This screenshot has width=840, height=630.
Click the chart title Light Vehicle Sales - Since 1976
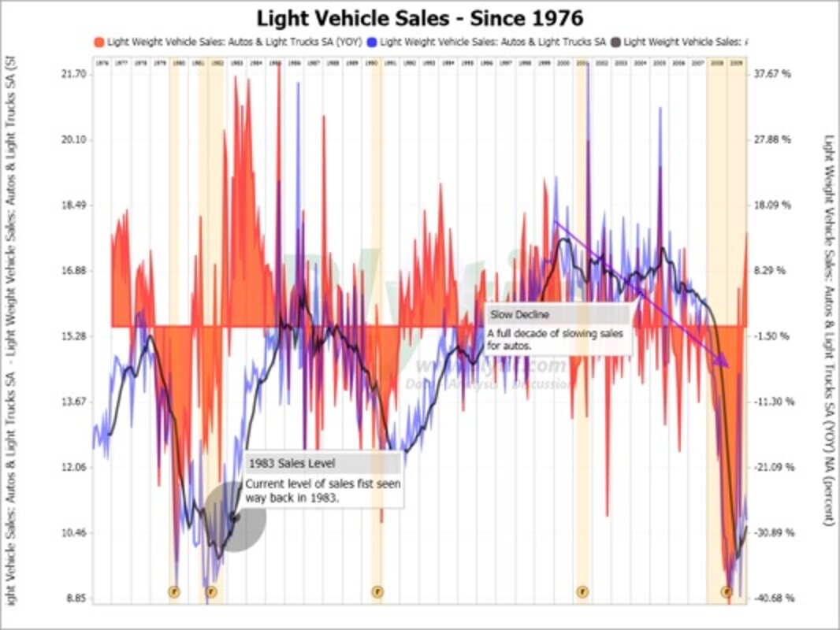click(419, 17)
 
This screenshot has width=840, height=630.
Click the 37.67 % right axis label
click(771, 74)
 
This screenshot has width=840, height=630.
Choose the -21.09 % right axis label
click(771, 467)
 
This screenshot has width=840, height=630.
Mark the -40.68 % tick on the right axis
click(771, 598)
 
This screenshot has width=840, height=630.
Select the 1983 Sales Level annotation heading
click(281, 463)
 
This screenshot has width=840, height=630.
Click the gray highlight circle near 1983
click(235, 517)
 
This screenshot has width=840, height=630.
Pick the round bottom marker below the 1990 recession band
click(377, 591)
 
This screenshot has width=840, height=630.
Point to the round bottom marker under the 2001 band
click(582, 591)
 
